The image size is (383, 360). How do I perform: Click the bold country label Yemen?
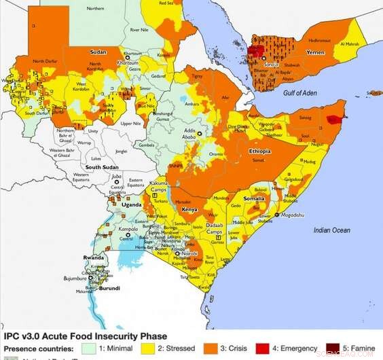pos(315,52)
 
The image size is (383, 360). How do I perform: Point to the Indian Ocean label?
pos(331,230)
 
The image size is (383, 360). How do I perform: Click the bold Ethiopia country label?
pos(259,150)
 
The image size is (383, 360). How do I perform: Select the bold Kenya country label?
pos(189,209)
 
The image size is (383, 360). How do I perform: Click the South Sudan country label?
pos(102,167)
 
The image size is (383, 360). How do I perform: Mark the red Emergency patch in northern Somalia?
pos(332,119)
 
